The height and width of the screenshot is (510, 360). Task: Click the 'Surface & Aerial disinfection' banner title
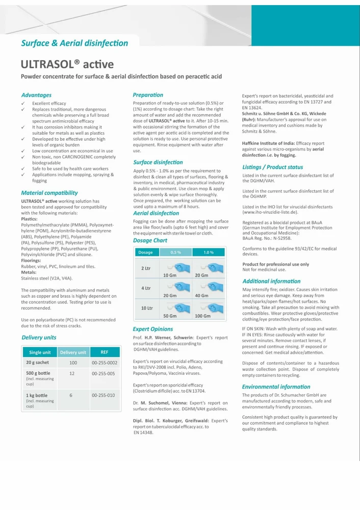74,43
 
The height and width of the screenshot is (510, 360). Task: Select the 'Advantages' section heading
36,95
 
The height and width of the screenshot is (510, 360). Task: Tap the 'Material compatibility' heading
49,193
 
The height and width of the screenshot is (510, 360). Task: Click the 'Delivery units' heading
39,337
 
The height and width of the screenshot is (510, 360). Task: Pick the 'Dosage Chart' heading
150,240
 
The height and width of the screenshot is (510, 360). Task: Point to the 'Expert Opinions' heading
152,329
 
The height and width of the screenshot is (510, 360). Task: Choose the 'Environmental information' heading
276,387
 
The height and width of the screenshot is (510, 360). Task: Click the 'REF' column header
105,352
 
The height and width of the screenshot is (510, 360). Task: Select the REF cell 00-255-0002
105,363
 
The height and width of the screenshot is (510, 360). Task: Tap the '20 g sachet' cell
37,363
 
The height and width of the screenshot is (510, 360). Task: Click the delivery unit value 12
72,374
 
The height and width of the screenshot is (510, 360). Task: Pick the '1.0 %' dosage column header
208,252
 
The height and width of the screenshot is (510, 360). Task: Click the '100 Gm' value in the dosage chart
202,316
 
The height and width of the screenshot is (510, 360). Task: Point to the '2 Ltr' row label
146,268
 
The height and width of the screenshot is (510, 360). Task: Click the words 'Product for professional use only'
275,264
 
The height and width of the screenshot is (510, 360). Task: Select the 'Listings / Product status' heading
272,167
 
